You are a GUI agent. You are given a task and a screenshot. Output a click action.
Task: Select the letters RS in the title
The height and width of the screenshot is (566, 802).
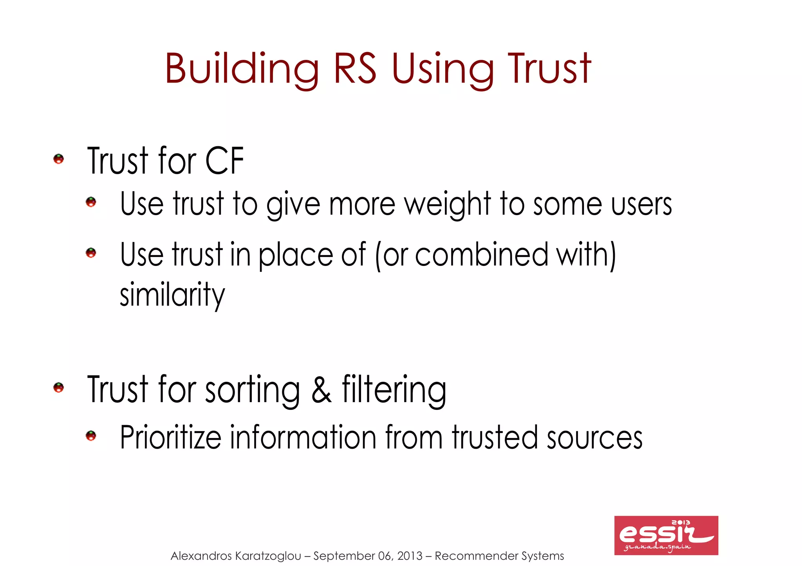355,69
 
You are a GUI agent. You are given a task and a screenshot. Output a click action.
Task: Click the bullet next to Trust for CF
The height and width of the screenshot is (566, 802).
59,159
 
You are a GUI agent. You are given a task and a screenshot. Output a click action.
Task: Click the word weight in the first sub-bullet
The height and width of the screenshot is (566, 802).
448,205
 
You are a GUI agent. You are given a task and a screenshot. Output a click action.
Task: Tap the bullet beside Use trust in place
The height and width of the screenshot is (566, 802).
91,253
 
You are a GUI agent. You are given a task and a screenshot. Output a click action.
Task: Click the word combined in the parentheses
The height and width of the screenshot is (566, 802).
482,255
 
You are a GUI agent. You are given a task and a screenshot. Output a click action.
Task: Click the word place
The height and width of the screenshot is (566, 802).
296,255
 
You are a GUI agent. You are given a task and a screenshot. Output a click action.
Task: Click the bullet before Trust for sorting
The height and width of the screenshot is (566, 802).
59,388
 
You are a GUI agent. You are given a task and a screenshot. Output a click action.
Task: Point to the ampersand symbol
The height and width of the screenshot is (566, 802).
322,390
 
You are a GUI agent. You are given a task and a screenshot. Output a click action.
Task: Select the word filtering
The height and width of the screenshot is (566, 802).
394,390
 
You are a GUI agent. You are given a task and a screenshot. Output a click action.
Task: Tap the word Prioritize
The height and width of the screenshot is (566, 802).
170,437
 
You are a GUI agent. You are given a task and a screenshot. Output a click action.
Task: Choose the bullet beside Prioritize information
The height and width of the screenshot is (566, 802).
91,436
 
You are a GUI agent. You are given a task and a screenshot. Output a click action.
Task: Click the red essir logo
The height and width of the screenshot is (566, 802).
666,535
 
